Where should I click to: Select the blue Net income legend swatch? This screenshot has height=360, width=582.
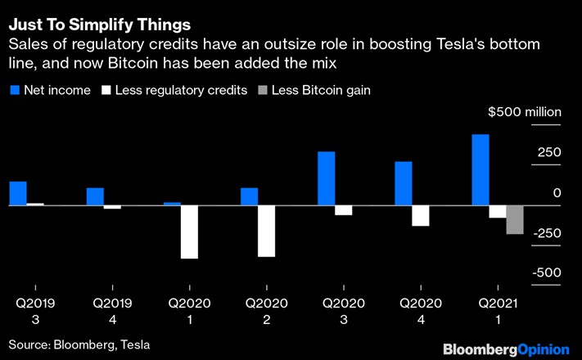tap(15, 90)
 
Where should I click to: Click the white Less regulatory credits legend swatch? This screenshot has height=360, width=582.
tap(107, 90)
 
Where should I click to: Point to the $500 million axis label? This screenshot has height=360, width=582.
tap(523, 112)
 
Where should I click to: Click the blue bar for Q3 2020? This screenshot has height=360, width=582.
tap(326, 178)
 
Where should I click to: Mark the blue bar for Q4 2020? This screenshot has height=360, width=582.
tap(404, 183)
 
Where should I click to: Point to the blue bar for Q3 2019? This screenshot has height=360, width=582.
tap(18, 193)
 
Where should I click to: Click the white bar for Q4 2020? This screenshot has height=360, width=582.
tap(420, 214)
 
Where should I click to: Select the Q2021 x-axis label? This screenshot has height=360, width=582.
tap(499, 304)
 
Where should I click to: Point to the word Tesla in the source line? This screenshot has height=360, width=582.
tap(134, 344)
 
